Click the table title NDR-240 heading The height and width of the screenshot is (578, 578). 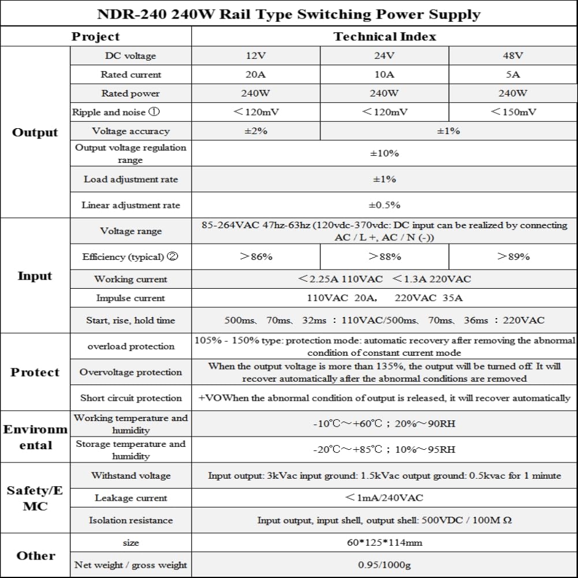tap(289, 14)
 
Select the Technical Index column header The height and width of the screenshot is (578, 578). tap(385, 37)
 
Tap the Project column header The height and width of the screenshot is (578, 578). tap(95, 37)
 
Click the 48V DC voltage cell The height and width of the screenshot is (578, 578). tap(513, 56)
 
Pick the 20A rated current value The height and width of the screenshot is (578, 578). tap(256, 74)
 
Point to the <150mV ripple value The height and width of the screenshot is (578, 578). tap(513, 112)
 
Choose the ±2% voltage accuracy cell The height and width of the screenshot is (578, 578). tap(256, 131)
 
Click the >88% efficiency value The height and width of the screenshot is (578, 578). tap(385, 256)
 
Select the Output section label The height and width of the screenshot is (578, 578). tap(35, 132)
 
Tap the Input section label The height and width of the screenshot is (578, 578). tap(35, 276)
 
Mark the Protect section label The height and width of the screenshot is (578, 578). tap(35, 372)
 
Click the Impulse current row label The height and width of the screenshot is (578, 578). tap(130, 299)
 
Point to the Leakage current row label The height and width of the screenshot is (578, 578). tap(130, 498)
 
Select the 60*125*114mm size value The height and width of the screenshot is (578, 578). tap(385, 543)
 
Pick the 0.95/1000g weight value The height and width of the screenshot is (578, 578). tap(385, 565)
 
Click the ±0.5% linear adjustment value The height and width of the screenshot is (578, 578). tap(385, 205)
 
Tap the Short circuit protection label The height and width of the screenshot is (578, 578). tap(130, 398)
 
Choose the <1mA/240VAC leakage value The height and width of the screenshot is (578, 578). tap(385, 498)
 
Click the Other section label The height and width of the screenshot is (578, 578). tap(36, 555)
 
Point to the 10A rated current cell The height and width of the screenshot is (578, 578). tap(385, 74)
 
